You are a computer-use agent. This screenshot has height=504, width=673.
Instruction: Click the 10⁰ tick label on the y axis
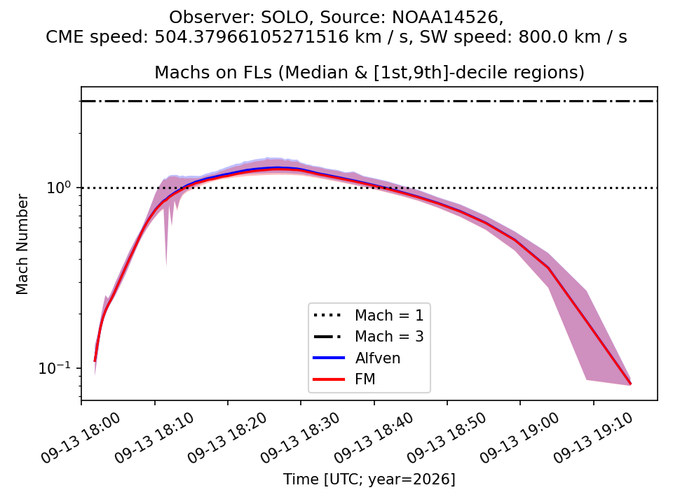(x=60, y=187)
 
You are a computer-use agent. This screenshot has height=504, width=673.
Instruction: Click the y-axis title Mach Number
(x=22, y=244)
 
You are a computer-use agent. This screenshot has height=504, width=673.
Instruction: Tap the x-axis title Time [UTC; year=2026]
(x=369, y=479)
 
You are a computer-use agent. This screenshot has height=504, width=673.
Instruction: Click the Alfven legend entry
(x=378, y=358)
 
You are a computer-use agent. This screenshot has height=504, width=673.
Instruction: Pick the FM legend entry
(x=365, y=379)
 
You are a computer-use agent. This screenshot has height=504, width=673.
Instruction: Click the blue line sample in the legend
(x=329, y=358)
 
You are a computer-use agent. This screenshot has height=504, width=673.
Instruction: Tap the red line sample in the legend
(x=329, y=379)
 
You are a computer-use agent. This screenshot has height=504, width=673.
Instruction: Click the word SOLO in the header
(x=285, y=17)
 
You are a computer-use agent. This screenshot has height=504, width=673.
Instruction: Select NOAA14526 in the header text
(x=447, y=17)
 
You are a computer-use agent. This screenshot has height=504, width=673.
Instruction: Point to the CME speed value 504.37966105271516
(x=252, y=37)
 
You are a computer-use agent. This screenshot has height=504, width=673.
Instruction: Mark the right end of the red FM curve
(x=630, y=384)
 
